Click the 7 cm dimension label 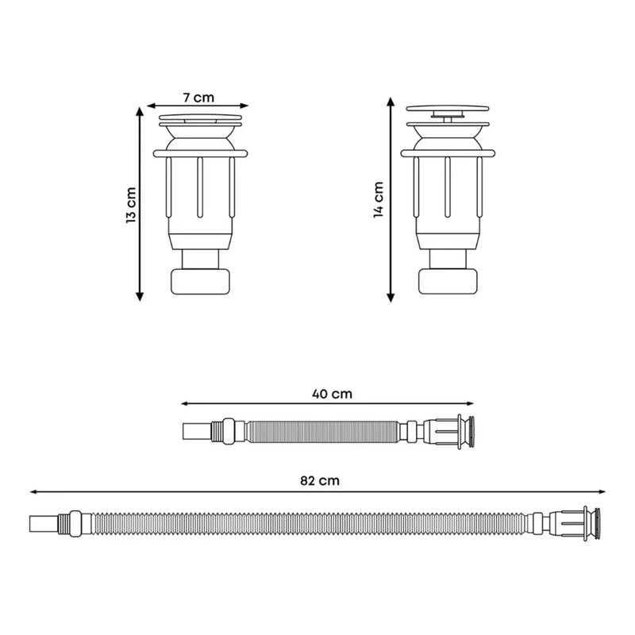[x=198, y=98]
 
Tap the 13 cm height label [x=131, y=205]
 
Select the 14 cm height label [x=379, y=200]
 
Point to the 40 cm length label [x=332, y=394]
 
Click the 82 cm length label [x=320, y=481]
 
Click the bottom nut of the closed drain [x=201, y=282]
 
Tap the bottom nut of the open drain [x=448, y=282]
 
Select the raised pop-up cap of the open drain [x=448, y=109]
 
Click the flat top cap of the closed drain [x=201, y=117]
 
